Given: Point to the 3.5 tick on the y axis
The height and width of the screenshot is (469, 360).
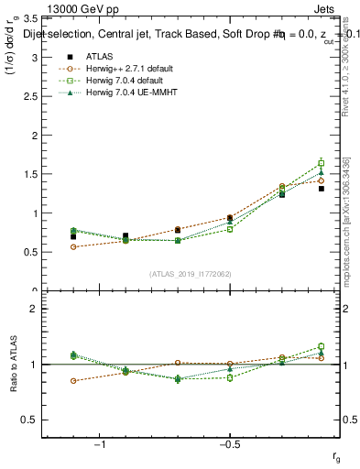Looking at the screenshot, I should click(31, 18).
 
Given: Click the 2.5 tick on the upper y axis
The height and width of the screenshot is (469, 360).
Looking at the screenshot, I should click(31, 96).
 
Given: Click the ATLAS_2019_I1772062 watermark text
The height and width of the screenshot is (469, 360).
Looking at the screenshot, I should click(189, 274).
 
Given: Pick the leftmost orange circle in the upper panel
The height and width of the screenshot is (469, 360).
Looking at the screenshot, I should click(73, 246).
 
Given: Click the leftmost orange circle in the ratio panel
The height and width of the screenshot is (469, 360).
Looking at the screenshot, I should click(73, 380).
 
